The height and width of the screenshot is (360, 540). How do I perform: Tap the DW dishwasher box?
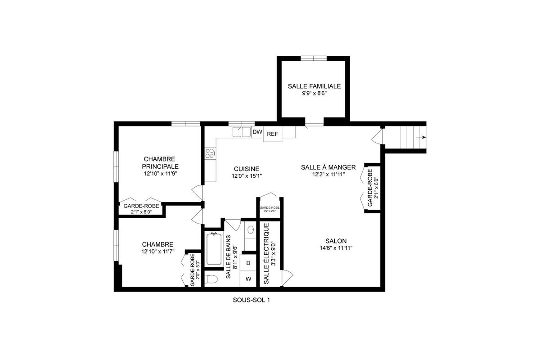(x=257, y=132)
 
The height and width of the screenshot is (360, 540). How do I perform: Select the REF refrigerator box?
(x=272, y=134)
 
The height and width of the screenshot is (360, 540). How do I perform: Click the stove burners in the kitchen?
(x=210, y=153)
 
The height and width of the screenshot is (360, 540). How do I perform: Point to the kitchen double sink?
(x=241, y=132)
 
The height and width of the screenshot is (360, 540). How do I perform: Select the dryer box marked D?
(x=248, y=263)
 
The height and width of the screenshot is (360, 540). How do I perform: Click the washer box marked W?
(x=248, y=279)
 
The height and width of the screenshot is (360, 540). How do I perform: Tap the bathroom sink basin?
(x=251, y=229)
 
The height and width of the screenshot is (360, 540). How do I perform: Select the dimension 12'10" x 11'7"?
(x=157, y=252)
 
